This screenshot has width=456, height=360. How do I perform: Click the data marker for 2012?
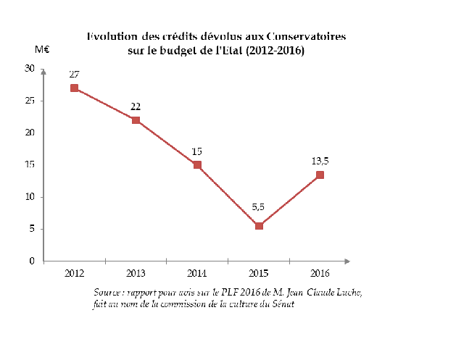(74, 88)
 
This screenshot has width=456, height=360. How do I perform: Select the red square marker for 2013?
(136, 120)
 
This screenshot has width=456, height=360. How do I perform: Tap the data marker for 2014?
(196, 164)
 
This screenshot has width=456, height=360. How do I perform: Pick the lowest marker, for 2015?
(258, 226)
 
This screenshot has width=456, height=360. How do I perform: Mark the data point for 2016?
(320, 175)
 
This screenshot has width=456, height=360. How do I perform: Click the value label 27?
(74, 74)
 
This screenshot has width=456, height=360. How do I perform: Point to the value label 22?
(136, 106)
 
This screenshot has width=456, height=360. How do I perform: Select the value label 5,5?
(258, 207)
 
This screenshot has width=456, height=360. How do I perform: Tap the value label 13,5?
(320, 161)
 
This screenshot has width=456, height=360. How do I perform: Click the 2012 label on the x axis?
(74, 273)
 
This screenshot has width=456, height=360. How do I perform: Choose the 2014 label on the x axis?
(196, 273)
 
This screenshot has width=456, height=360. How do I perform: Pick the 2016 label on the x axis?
(320, 273)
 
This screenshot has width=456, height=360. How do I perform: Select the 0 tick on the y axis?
(32, 261)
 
